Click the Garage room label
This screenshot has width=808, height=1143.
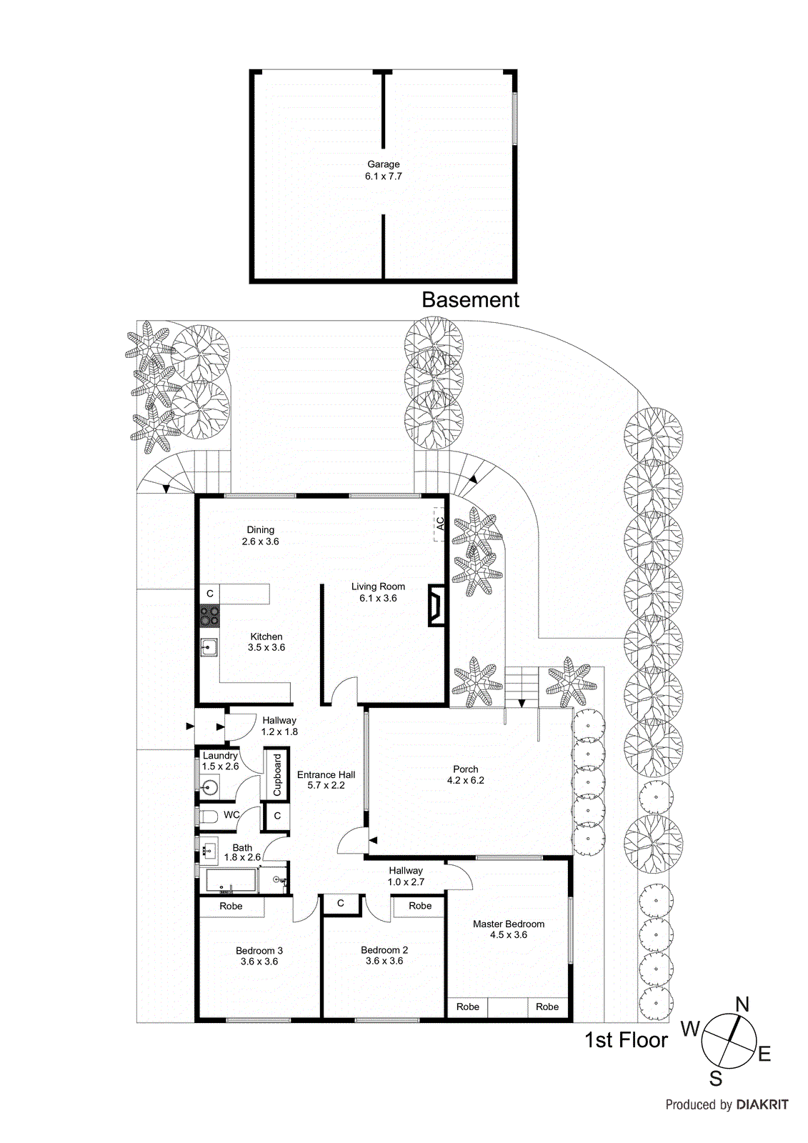tap(383, 164)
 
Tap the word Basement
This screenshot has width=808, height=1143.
tap(470, 300)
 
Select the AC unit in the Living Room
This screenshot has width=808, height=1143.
tap(439, 523)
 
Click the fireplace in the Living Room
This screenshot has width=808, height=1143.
tap(436, 606)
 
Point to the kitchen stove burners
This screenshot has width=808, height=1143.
tap(209, 615)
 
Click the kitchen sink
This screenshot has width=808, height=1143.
tap(209, 648)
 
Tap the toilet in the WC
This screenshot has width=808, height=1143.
tap(208, 816)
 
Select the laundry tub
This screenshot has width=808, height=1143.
tap(209, 788)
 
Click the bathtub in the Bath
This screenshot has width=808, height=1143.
tap(231, 880)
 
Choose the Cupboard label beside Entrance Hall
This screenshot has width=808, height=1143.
tap(277, 774)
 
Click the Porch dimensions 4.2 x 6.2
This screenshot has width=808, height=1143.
tap(465, 781)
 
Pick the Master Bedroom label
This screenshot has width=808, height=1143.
tap(508, 924)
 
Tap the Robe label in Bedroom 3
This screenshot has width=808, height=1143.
tap(231, 907)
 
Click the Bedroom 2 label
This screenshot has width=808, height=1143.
tap(384, 950)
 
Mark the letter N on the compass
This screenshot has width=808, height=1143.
tap(742, 1005)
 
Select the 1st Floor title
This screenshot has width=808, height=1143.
tap(626, 1040)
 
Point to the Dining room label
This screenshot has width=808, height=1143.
tap(260, 530)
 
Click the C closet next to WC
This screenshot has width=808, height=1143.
tap(277, 816)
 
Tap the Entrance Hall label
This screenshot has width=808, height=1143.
tap(326, 774)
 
